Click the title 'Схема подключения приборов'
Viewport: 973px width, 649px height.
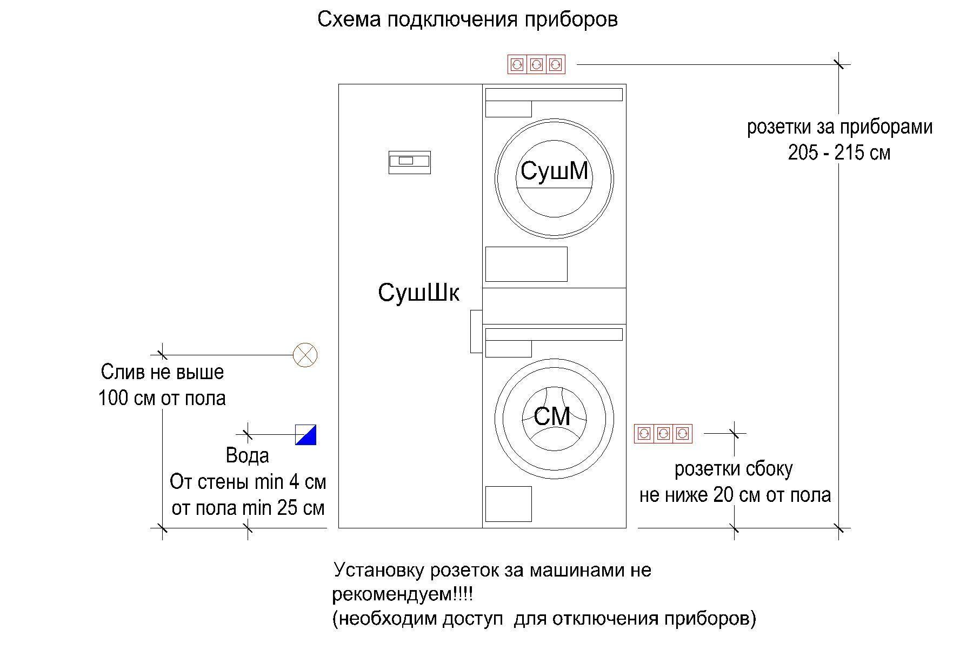point(468,20)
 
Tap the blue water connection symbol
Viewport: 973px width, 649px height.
point(305,434)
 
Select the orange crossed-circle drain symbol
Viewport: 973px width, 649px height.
point(305,355)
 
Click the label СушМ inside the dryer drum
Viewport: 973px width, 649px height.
point(554,171)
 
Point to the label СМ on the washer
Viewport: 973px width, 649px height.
point(552,416)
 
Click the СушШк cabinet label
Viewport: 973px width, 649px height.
point(419,293)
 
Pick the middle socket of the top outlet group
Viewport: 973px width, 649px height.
point(536,65)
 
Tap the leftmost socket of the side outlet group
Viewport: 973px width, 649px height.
point(644,434)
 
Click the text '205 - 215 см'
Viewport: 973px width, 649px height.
point(839,153)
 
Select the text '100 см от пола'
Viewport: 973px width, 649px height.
point(162,399)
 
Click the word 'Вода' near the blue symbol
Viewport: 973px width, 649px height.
point(248,455)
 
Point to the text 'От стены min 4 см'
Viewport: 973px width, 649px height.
point(248,482)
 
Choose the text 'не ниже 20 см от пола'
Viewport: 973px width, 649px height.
point(735,495)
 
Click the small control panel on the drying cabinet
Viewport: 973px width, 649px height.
point(410,162)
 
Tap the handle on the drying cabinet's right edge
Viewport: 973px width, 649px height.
point(476,332)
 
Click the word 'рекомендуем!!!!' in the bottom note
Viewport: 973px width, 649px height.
point(403,595)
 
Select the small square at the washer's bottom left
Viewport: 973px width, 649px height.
point(508,504)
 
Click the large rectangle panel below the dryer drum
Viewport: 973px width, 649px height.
point(527,264)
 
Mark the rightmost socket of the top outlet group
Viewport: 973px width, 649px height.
point(555,65)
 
